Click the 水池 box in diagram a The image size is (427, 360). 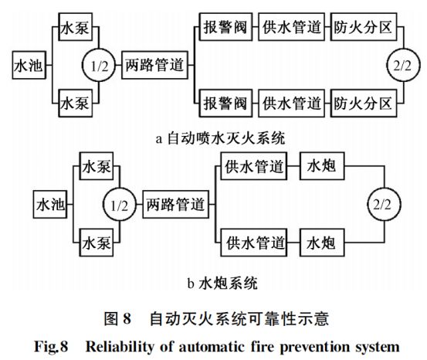[x=29, y=66]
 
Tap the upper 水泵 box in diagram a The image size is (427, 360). [x=76, y=29]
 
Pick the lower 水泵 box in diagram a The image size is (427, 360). [x=76, y=103]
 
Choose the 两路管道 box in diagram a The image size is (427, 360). [x=154, y=66]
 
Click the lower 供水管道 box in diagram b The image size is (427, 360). [x=249, y=243]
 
